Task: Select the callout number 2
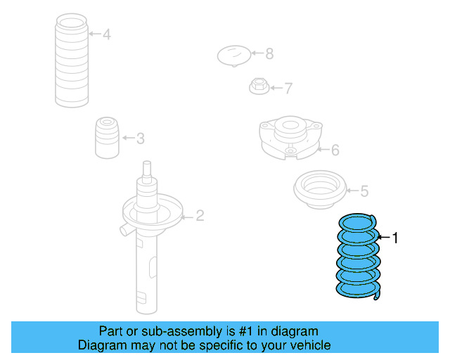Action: (x=200, y=215)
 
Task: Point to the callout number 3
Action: (x=140, y=139)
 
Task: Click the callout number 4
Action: (x=106, y=34)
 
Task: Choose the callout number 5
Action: (x=364, y=191)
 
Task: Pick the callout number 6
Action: (x=335, y=149)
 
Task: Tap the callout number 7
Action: (x=288, y=89)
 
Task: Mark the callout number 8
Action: (x=269, y=53)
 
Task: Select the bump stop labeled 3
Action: (x=105, y=137)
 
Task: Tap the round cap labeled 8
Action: (x=234, y=55)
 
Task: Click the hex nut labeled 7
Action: (x=259, y=87)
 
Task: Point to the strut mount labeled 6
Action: (x=290, y=138)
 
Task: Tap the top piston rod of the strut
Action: (x=147, y=170)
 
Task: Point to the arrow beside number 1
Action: (x=384, y=238)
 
